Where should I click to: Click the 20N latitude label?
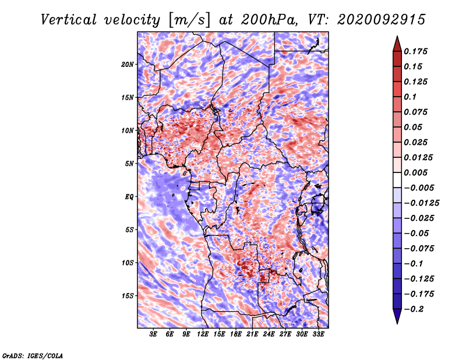click(128, 65)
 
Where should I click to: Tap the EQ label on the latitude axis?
click(129, 197)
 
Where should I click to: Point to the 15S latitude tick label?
click(128, 296)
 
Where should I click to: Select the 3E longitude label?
click(153, 334)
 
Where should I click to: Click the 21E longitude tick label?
click(252, 334)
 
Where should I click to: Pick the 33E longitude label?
click(318, 334)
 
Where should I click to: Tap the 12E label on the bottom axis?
click(203, 334)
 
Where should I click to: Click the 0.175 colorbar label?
click(415, 51)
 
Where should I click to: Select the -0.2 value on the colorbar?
click(414, 309)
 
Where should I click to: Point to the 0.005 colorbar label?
click(415, 172)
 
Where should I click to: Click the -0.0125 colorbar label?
click(421, 203)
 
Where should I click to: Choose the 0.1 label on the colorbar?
click(410, 97)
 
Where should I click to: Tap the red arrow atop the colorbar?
click(397, 44)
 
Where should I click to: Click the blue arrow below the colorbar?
click(397, 316)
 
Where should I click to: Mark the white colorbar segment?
click(397, 180)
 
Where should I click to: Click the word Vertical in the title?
click(69, 20)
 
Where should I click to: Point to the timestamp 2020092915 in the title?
click(382, 20)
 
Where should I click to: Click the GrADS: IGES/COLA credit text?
click(32, 355)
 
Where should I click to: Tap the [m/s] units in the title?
click(189, 20)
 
